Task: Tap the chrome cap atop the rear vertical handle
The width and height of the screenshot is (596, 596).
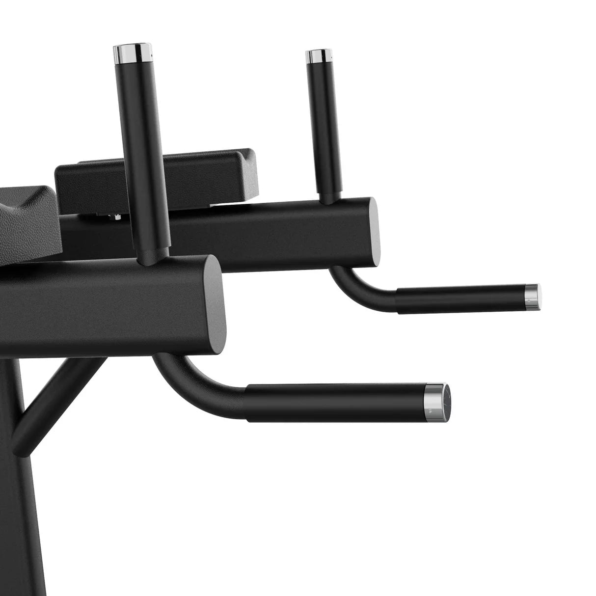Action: (317, 56)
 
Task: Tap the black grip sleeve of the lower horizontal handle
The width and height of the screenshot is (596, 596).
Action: (334, 400)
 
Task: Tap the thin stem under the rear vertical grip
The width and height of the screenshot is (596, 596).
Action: (325, 197)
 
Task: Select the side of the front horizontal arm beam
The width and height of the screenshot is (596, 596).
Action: (98, 304)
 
